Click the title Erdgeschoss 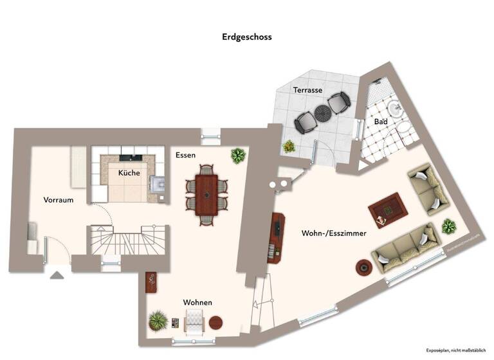point(247,37)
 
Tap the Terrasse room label point(307,90)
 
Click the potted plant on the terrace point(289,146)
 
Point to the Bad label point(380,122)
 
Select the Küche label point(129,173)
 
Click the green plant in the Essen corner point(238,155)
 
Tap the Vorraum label point(59,200)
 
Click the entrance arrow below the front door point(57,275)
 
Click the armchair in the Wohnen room point(194,319)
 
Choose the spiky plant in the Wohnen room point(158,319)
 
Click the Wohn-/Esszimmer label point(334,234)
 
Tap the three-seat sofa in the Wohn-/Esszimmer point(406,248)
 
